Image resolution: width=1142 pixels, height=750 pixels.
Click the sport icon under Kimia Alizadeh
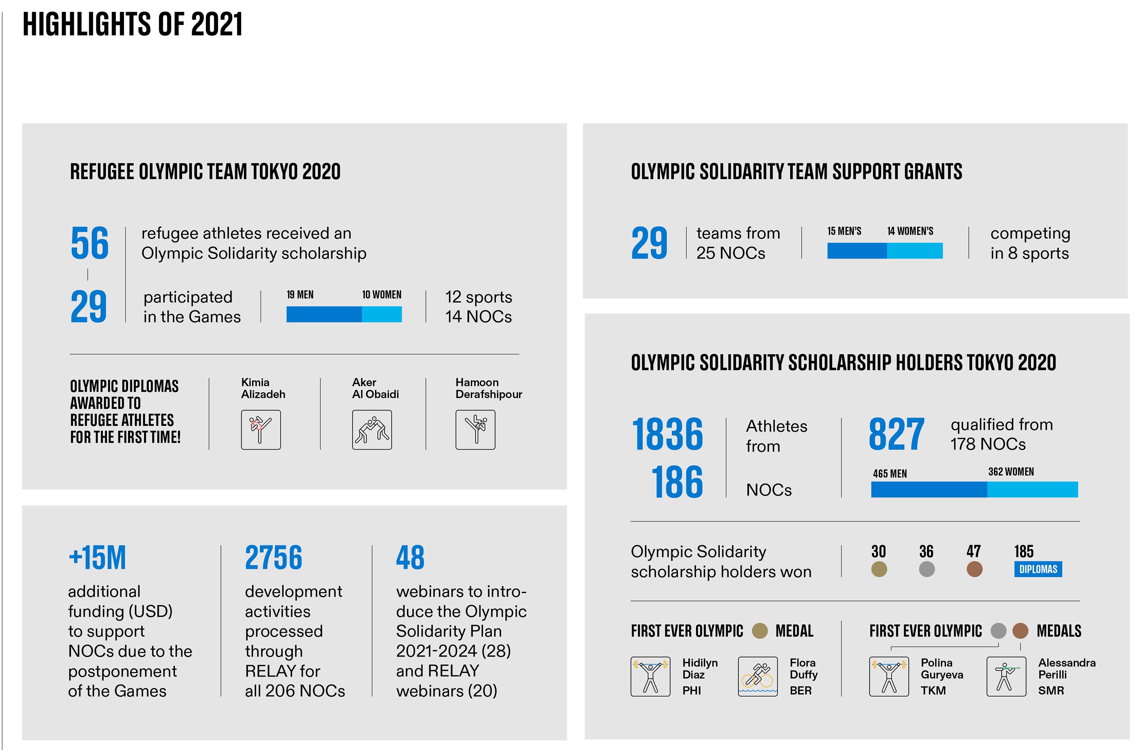coord(261,429)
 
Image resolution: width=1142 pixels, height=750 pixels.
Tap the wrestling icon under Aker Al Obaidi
coord(372,429)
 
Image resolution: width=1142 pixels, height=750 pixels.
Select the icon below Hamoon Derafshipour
coord(475,429)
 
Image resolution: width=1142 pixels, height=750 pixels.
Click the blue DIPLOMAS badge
coord(1037,569)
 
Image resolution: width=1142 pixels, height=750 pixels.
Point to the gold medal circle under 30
coord(879,569)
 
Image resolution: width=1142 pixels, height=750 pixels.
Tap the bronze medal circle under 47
coord(973,569)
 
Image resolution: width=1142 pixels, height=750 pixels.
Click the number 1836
coord(667,434)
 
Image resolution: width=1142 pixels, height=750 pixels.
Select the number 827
coord(896,434)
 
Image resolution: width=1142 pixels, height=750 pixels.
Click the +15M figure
coord(98,558)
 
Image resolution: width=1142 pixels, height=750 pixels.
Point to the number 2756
coord(274,558)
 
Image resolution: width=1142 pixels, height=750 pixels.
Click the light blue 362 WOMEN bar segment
coord(1032,489)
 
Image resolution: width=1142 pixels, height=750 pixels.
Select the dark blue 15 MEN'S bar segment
coord(856,251)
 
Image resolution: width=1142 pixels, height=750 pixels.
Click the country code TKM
coord(933,690)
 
